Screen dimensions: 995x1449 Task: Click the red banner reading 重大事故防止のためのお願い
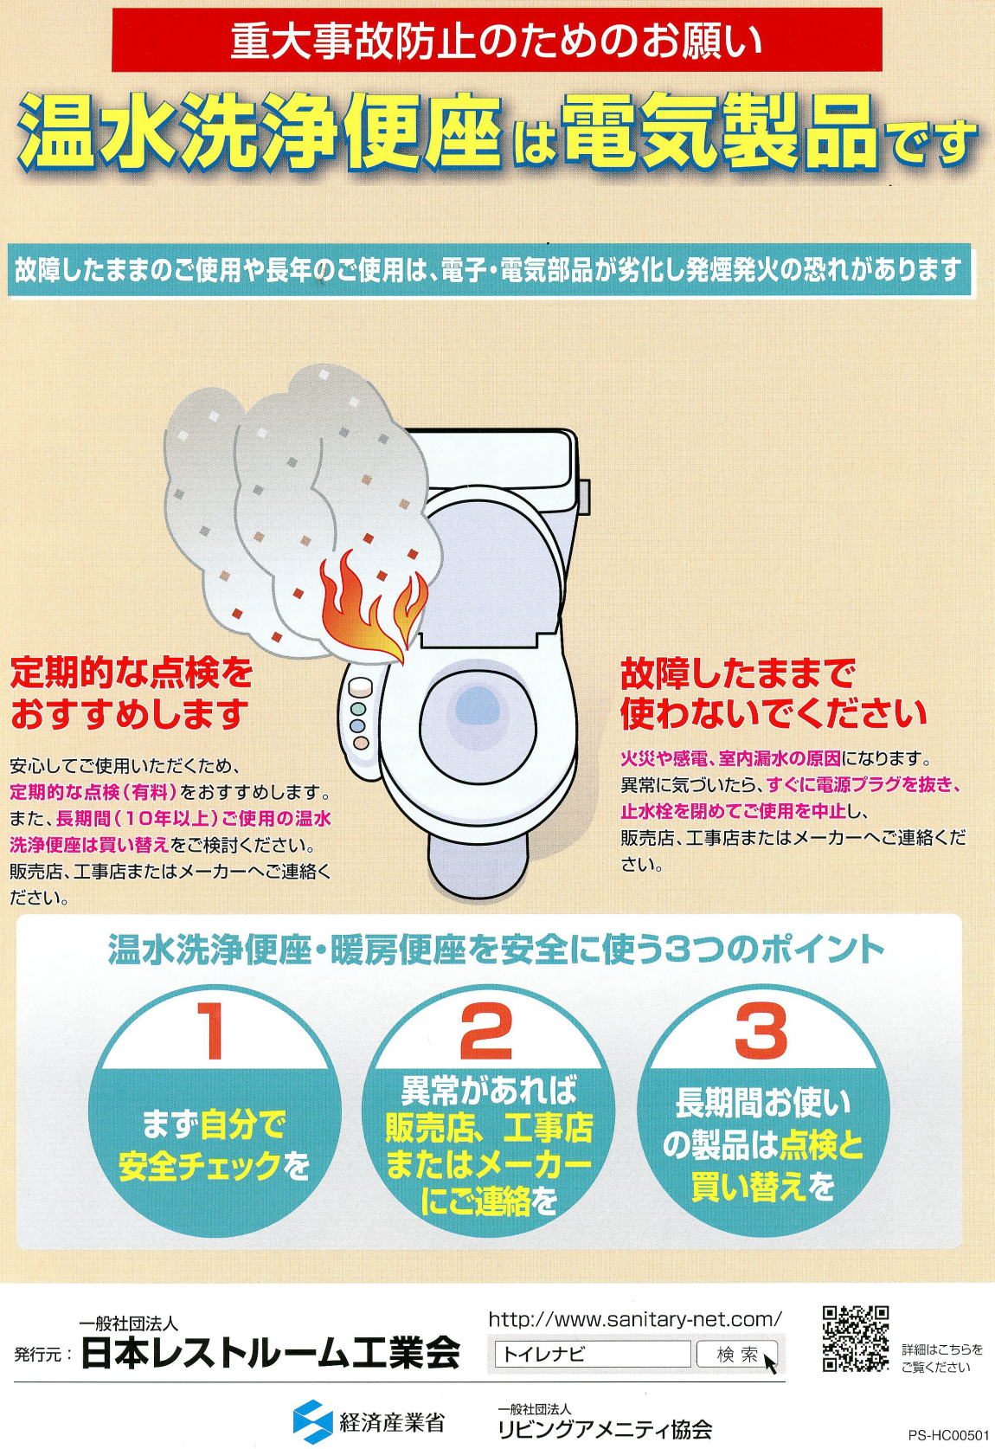tap(497, 40)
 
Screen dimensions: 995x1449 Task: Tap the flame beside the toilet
tap(373, 605)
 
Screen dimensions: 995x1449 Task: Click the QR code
tap(855, 1338)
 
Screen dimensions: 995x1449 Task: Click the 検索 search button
tap(736, 1355)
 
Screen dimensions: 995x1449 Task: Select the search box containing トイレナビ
tap(592, 1355)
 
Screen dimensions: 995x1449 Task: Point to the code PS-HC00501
tap(949, 1435)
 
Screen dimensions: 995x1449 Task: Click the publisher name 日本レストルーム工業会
tap(270, 1353)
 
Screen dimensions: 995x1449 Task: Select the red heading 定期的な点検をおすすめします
tap(132, 695)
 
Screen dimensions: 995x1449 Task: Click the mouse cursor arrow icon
tap(770, 1362)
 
